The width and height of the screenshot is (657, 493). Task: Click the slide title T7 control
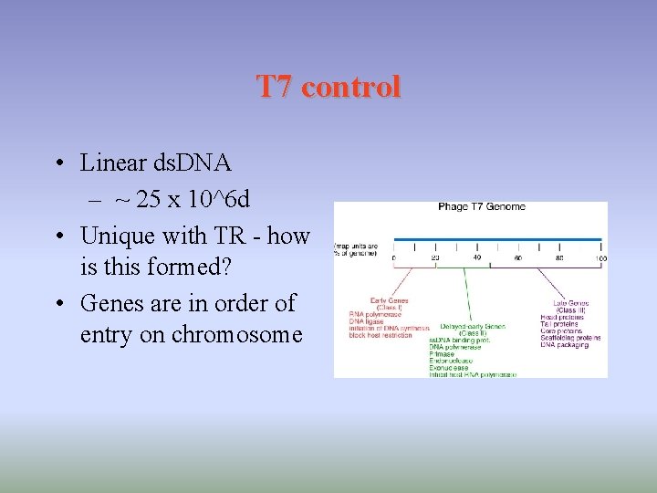coord(328,87)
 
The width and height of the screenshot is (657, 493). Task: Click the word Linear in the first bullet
coord(114,163)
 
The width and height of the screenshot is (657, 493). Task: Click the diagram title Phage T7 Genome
coord(481,207)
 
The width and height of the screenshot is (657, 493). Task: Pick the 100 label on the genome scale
coord(600,259)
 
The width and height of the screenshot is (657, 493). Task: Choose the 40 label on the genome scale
coord(476,259)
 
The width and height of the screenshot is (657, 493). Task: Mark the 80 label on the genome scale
coord(559,259)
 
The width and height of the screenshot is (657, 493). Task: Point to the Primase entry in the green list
coord(441,353)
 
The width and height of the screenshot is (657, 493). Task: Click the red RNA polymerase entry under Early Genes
coord(375,315)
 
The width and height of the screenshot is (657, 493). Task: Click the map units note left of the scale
coord(358,249)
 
